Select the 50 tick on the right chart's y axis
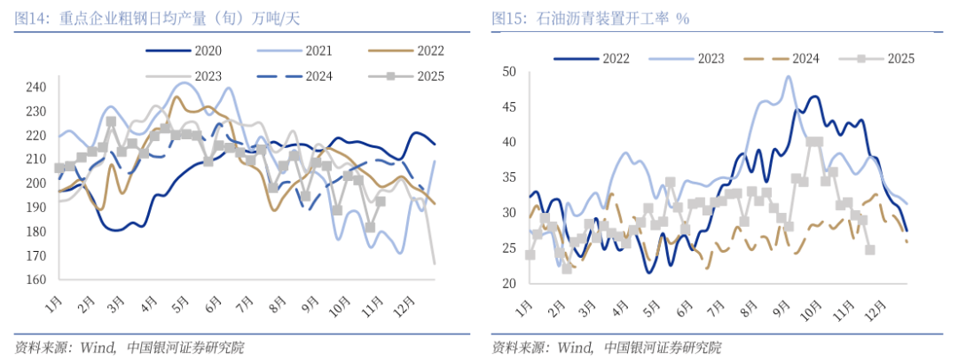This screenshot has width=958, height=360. pyautogui.click(x=510, y=71)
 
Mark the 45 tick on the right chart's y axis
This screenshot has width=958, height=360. pyautogui.click(x=510, y=106)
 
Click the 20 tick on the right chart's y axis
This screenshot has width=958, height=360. pyautogui.click(x=510, y=284)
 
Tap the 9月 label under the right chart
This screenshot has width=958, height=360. pyautogui.click(x=781, y=308)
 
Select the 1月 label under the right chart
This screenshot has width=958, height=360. pyautogui.click(x=525, y=308)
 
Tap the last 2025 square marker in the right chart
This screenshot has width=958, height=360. pyautogui.click(x=870, y=250)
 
